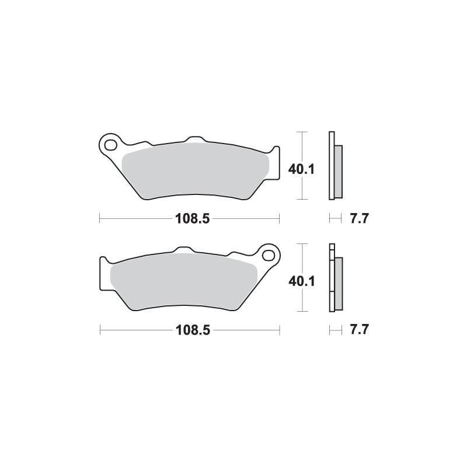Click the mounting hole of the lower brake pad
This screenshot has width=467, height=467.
[269, 255]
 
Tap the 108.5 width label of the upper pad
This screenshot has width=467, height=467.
[190, 219]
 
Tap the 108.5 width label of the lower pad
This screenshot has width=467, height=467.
[190, 330]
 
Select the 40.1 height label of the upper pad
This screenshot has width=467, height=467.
[302, 170]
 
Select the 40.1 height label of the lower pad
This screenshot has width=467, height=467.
[302, 281]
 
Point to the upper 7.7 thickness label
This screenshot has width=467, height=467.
[358, 219]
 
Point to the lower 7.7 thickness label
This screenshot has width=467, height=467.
[358, 330]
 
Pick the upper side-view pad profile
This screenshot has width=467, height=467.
[335, 167]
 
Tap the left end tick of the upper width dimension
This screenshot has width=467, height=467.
[100, 219]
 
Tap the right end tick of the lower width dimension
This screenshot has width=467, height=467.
[280, 330]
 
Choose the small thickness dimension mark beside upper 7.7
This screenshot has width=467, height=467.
[334, 219]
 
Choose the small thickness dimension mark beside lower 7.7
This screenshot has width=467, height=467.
[334, 330]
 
